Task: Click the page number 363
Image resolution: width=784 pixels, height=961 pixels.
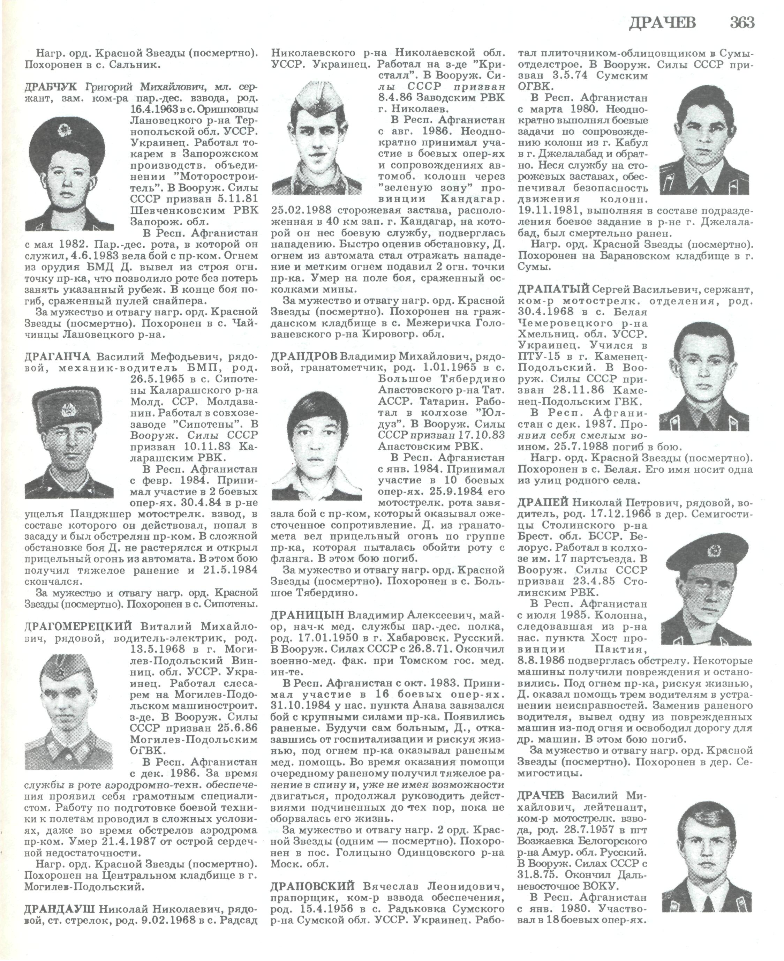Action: [x=742, y=23]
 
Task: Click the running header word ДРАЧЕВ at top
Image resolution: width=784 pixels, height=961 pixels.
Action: [x=663, y=23]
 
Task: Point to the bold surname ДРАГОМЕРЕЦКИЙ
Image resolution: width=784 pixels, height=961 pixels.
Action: [x=78, y=626]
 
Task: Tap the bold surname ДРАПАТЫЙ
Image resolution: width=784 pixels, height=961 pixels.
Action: [x=554, y=288]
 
